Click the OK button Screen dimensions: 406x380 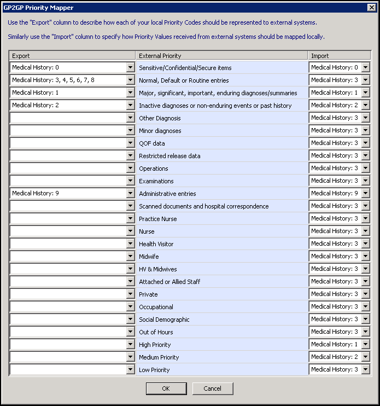click(166, 388)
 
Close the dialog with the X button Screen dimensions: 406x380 click(371, 8)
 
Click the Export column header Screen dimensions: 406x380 click(72, 56)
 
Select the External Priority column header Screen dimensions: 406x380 click(221, 56)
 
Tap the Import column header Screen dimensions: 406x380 click(339, 56)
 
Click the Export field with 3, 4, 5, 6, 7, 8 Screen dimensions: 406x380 click(68, 80)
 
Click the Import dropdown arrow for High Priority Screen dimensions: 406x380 click(365, 344)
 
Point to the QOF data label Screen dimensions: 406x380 click(152, 143)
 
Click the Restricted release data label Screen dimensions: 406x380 click(169, 156)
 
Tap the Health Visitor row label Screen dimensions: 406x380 click(156, 244)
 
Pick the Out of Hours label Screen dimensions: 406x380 click(156, 332)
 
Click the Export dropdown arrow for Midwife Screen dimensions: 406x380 click(130, 256)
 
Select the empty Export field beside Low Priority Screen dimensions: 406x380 click(68, 369)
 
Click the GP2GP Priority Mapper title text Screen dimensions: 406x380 click(38, 8)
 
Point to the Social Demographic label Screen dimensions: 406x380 click(164, 320)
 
